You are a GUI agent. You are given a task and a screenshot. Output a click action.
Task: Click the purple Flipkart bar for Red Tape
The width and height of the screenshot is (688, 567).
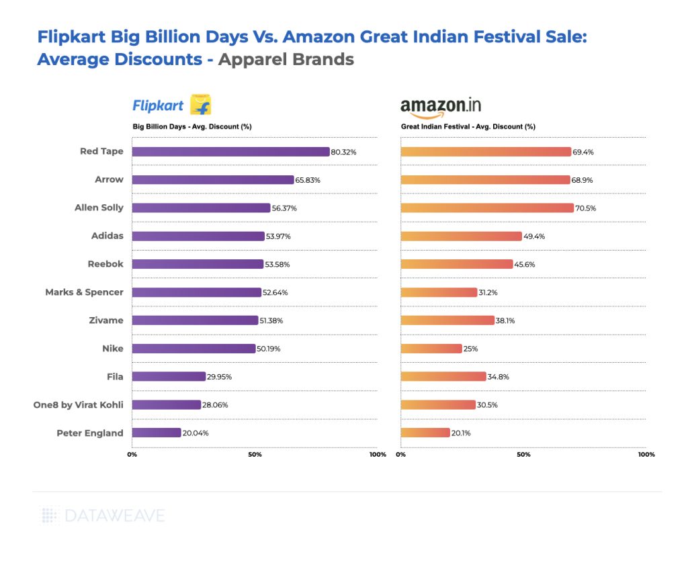tap(230, 152)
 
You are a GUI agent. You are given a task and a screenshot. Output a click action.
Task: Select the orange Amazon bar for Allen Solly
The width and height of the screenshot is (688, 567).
tap(487, 208)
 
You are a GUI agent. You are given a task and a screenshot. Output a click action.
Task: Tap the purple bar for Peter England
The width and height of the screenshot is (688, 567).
tap(157, 433)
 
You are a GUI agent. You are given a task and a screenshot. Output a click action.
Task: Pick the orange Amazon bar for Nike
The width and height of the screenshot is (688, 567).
tap(431, 349)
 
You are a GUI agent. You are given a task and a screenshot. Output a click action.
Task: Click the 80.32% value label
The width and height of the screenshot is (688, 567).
tap(343, 152)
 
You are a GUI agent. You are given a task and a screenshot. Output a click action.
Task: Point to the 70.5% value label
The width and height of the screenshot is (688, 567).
tap(585, 208)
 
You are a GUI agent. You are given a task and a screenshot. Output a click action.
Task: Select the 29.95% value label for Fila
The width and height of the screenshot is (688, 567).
tap(219, 377)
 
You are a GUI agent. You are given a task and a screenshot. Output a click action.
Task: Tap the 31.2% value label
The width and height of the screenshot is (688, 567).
tap(488, 292)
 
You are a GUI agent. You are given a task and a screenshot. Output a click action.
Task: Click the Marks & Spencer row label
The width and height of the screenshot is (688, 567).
tap(84, 292)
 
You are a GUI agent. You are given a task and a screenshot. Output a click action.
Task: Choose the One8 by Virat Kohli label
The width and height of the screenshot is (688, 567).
tap(78, 404)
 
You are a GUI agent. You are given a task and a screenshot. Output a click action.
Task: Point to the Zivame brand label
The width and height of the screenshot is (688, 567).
tap(107, 320)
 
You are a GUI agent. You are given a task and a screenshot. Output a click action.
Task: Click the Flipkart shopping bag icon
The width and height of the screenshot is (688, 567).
tap(201, 105)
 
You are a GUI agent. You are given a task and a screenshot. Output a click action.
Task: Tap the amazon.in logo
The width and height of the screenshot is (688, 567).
tap(440, 106)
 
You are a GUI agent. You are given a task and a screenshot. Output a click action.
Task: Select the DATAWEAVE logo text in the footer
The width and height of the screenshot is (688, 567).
tap(114, 516)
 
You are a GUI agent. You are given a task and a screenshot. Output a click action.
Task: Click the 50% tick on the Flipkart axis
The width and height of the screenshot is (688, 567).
tap(255, 455)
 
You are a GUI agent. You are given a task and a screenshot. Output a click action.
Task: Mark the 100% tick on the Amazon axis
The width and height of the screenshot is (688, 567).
tap(646, 455)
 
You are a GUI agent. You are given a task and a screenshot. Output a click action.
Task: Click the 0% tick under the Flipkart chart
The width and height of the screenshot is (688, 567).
tap(132, 455)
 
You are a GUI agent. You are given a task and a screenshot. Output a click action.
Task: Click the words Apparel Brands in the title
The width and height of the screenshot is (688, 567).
tap(286, 59)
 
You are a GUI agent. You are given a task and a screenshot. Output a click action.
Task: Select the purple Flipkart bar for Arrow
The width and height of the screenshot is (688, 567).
tap(213, 180)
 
